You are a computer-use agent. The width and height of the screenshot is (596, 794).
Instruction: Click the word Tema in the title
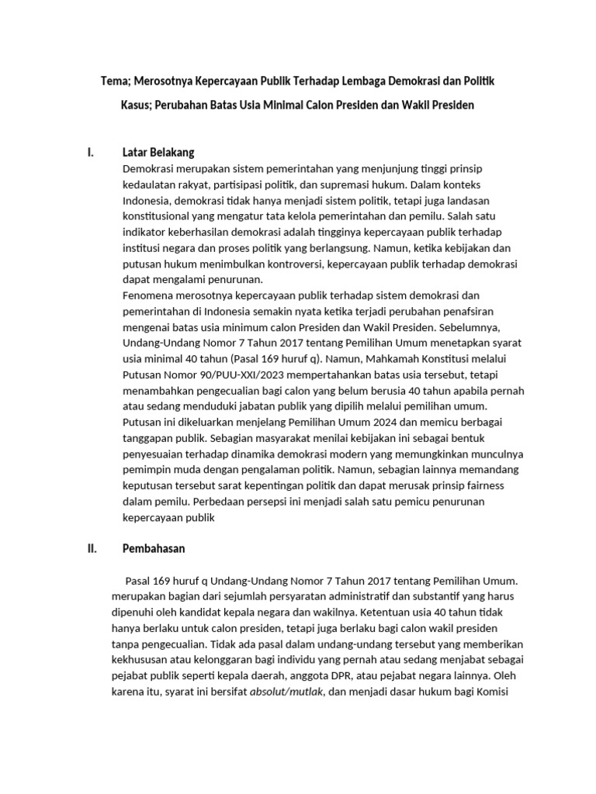116,81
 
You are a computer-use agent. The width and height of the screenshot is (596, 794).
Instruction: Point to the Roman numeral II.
92,549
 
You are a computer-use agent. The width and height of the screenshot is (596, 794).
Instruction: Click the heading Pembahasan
154,549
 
